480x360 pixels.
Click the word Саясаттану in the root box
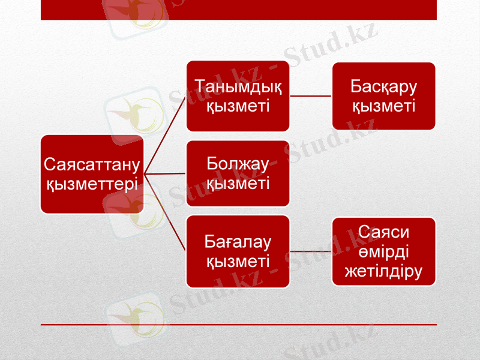[92, 164]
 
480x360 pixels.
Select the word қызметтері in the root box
[92, 183]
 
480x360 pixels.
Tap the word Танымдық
[238, 87]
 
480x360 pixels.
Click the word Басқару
[384, 87]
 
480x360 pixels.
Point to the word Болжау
[238, 164]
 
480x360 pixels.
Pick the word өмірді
[384, 251]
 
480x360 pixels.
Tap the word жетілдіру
[384, 271]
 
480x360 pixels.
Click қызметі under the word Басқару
[384, 106]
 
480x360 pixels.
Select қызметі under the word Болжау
[238, 183]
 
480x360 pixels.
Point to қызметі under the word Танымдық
[238, 106]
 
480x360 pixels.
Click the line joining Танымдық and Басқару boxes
[311, 96]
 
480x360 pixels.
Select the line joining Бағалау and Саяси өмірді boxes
[311, 251]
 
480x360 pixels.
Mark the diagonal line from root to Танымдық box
[166, 134]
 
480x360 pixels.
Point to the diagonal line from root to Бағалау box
[166, 212]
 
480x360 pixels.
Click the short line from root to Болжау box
[166, 173]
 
